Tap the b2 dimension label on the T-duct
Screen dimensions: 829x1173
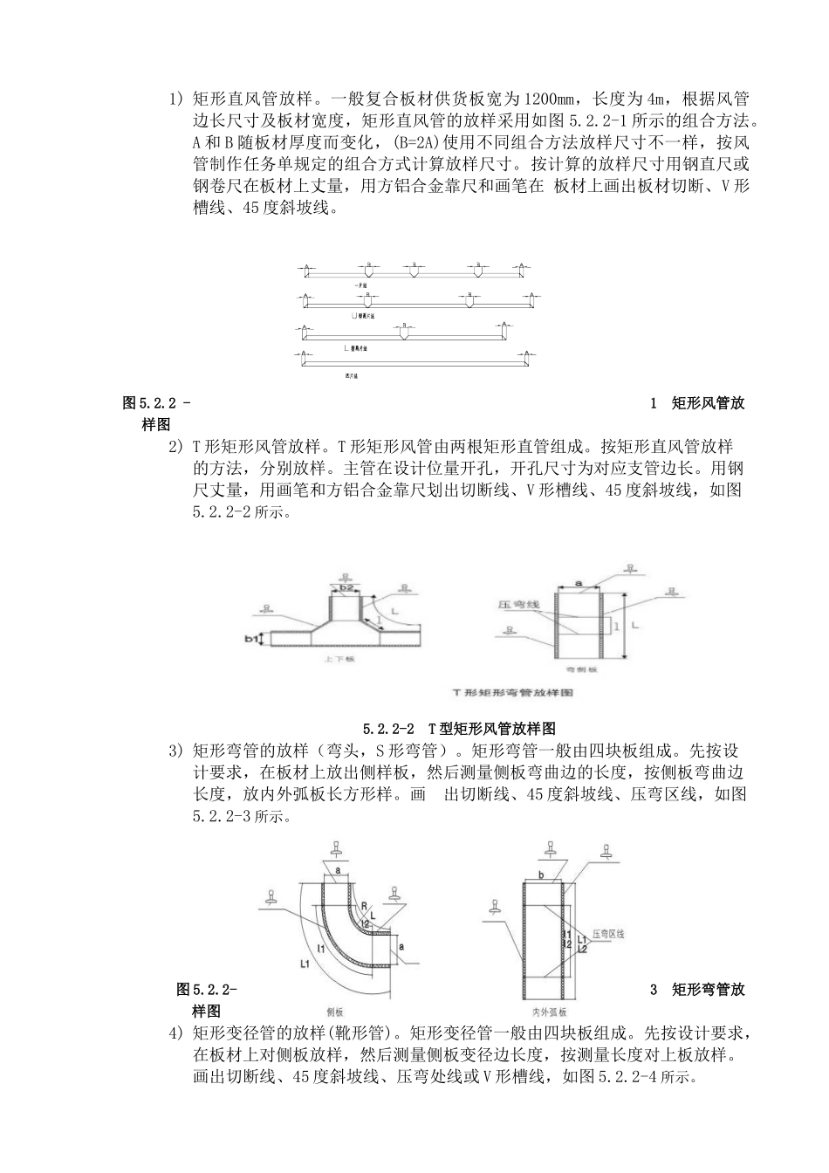coord(346,588)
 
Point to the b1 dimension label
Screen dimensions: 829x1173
coord(251,640)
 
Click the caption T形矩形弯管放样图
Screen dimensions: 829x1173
coord(512,692)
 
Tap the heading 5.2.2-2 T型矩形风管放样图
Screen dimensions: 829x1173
coord(460,728)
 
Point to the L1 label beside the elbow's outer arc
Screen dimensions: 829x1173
coord(305,964)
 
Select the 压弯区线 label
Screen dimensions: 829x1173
coord(608,934)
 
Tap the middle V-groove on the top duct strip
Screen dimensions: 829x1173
coord(413,269)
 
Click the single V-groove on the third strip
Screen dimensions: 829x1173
coord(403,333)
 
